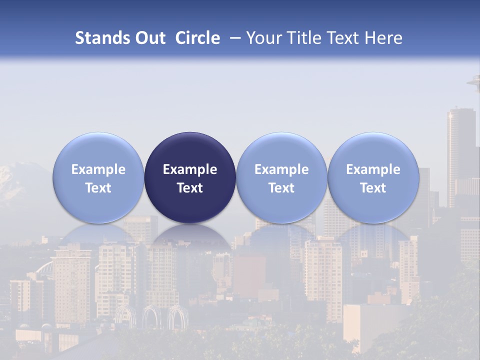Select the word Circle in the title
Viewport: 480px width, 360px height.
(x=197, y=38)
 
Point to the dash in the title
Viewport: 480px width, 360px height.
(x=234, y=38)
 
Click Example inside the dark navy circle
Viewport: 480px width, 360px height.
(x=190, y=169)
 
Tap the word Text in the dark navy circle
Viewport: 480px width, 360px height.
(x=190, y=188)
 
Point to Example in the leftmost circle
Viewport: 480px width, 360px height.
(x=98, y=169)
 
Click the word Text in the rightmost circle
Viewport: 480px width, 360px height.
(x=373, y=188)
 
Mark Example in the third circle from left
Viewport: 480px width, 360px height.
(x=281, y=169)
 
